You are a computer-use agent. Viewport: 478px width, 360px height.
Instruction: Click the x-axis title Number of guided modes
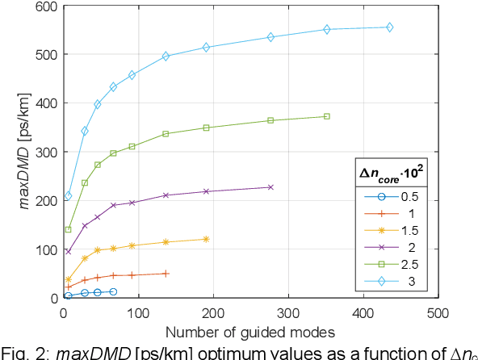click(250, 332)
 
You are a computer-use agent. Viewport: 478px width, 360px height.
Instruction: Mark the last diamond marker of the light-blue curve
click(389, 27)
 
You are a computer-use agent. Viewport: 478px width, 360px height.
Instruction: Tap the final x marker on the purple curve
click(270, 187)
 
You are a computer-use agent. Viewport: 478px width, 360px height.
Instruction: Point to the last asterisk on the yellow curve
click(206, 239)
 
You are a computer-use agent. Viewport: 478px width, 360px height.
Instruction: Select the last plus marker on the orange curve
click(166, 274)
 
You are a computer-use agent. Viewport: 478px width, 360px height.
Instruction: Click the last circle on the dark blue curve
click(113, 291)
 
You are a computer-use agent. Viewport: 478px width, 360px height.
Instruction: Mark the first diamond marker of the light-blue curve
click(69, 195)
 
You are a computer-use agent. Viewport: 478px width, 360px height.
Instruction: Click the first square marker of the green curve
click(69, 229)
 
